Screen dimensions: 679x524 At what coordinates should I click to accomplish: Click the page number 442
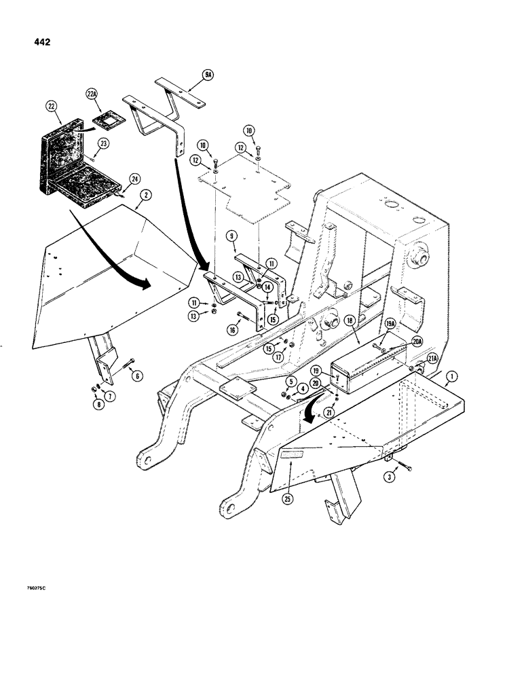pos(40,41)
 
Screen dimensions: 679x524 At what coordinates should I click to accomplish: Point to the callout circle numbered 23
pos(104,143)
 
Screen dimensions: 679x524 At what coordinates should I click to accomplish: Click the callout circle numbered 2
pos(143,196)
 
